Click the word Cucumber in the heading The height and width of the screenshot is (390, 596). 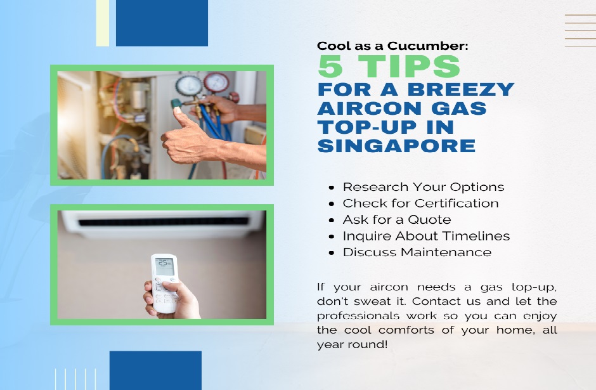click(x=427, y=46)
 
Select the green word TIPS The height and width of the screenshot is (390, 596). click(x=409, y=66)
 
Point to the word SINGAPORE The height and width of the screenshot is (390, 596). click(x=396, y=146)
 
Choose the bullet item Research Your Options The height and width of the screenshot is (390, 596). click(x=424, y=187)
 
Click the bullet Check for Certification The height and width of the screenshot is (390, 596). click(x=420, y=204)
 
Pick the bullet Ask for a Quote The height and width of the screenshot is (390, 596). click(x=397, y=219)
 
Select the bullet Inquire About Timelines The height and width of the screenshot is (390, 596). click(x=426, y=236)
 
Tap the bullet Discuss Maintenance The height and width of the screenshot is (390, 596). click(x=417, y=252)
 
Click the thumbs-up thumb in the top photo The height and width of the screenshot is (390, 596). click(x=181, y=118)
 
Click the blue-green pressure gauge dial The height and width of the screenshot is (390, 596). click(x=188, y=86)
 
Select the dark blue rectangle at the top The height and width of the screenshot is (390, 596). click(x=162, y=23)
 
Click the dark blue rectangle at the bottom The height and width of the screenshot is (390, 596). click(x=155, y=370)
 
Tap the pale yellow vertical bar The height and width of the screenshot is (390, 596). click(x=103, y=23)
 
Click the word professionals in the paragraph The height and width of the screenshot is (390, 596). click(x=358, y=316)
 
